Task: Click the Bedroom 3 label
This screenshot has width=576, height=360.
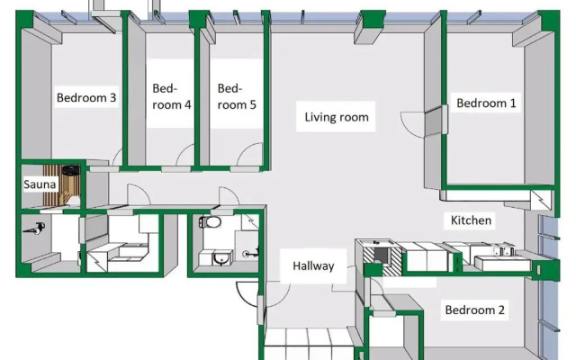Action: (x=86, y=98)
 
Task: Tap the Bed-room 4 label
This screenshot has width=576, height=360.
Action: (x=172, y=96)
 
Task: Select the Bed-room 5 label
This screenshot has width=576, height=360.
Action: (x=237, y=96)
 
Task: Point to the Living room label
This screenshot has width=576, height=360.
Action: (x=337, y=117)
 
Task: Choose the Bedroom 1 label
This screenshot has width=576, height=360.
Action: (x=486, y=103)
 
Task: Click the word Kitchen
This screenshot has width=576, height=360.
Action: (x=471, y=220)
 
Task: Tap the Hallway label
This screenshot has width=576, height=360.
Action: (x=313, y=266)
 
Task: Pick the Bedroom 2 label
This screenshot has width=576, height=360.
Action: (x=474, y=310)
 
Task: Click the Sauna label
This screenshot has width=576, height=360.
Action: (x=40, y=184)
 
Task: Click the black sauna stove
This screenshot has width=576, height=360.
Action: (x=71, y=170)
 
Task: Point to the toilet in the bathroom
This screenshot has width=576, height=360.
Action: (x=210, y=222)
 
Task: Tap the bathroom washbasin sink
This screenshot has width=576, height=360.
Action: (x=221, y=258)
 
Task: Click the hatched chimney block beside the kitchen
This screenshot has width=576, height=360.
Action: (x=382, y=259)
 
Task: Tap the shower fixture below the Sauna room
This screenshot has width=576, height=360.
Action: (x=35, y=229)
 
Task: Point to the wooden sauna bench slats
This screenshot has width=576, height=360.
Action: (x=54, y=185)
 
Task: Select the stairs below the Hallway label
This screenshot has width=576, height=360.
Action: (x=309, y=344)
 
